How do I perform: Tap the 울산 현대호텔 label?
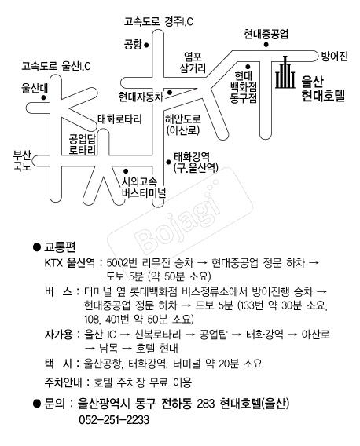coord(323,89)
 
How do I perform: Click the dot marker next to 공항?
coord(146,45)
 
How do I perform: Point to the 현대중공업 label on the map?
coord(266,34)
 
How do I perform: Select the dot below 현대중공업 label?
coord(266,45)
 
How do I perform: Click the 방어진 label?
coord(334,56)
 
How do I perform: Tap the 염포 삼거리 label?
coord(193,63)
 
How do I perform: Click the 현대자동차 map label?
coord(141,97)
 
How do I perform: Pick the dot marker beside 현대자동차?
coord(170,93)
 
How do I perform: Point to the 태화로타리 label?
coord(119,119)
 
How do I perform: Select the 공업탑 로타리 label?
coord(83,144)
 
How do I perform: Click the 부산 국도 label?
coord(22,160)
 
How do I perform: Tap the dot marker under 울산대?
coord(43,97)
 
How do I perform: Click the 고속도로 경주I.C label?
coord(158,22)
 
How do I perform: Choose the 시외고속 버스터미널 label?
coord(144,188)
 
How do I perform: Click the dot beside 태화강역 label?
coord(169,162)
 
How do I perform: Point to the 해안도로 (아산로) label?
coord(183,125)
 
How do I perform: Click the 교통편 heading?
coord(60,247)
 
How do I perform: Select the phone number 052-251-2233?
coord(114,420)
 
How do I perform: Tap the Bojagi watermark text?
coord(178,219)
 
